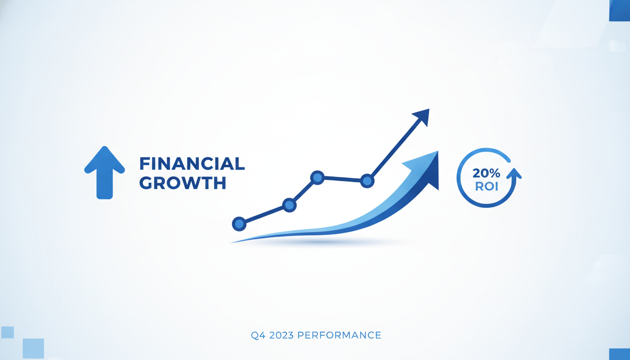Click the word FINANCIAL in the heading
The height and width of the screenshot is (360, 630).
click(192, 164)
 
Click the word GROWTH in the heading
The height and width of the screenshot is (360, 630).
click(183, 183)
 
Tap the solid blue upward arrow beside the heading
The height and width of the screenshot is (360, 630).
click(105, 172)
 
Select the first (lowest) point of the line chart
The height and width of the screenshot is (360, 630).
click(239, 224)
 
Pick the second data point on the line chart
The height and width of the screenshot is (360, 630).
click(289, 205)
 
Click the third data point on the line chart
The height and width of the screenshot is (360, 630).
click(317, 178)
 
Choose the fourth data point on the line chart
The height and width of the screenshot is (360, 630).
click(367, 180)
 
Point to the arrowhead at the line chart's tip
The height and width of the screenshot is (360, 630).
click(422, 116)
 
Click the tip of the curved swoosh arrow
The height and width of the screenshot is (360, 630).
click(438, 151)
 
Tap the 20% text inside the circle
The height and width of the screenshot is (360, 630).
click(486, 173)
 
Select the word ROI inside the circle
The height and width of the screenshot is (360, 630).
click(487, 186)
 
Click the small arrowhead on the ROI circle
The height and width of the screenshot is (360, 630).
click(514, 173)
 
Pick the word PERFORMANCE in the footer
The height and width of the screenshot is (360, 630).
click(339, 335)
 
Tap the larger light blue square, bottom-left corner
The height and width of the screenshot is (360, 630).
click(33, 348)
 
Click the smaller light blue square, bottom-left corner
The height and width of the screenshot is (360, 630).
click(7, 332)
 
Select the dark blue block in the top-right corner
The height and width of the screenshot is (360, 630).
click(620, 10)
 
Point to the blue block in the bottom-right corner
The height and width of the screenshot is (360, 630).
click(620, 354)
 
